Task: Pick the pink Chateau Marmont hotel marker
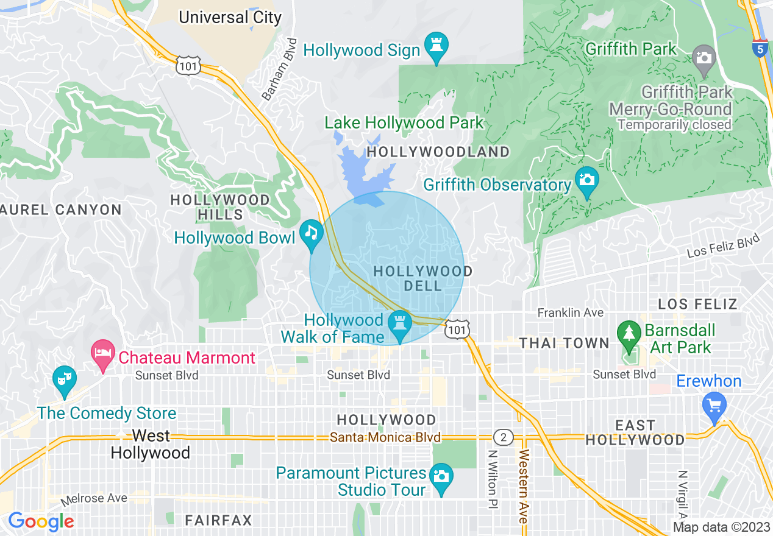pos(103,354)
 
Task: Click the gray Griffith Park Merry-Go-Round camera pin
pos(704,58)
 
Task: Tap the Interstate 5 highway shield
pos(760,49)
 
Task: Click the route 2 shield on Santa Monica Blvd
pos(504,437)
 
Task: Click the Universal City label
pos(230,17)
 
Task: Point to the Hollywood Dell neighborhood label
pos(422,278)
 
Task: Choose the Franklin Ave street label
pos(570,312)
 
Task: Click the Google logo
pos(41,522)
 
